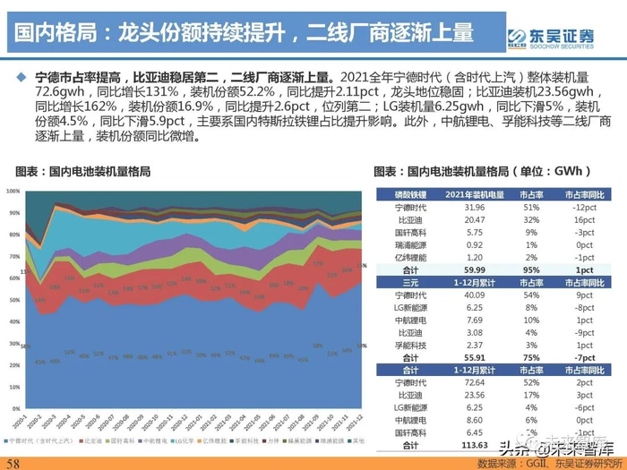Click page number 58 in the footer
13,462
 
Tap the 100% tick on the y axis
12,192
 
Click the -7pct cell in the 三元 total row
583,355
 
